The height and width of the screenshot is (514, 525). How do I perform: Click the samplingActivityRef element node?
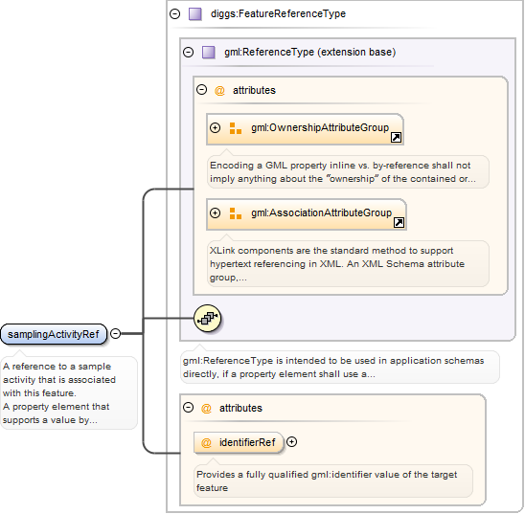54,334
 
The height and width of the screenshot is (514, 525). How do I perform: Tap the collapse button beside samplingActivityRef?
115,333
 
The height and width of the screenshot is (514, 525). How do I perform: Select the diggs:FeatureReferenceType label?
278,13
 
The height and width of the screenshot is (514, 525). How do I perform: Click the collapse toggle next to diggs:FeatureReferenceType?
174,14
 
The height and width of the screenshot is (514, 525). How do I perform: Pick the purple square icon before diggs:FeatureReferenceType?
194,14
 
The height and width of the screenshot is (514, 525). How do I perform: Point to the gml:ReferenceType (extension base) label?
310,53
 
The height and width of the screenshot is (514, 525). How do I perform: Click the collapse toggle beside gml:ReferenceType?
188,53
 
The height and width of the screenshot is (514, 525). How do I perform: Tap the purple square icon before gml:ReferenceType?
208,53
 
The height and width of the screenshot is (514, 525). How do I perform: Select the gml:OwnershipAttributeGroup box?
305,129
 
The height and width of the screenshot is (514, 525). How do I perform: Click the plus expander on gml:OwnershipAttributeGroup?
215,127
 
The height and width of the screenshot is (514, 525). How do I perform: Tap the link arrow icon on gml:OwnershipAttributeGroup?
396,137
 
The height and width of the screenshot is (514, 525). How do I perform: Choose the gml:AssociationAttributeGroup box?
307,214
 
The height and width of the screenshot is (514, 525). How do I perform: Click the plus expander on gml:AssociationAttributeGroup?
215,213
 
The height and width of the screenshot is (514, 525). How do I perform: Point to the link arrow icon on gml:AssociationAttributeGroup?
399,222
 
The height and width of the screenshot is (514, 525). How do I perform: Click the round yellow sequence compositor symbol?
207,318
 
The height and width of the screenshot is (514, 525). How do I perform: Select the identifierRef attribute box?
239,443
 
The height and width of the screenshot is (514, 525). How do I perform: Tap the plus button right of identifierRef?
291,442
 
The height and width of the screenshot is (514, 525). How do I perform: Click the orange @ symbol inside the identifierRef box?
206,443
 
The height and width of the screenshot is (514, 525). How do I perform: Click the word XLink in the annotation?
222,251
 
